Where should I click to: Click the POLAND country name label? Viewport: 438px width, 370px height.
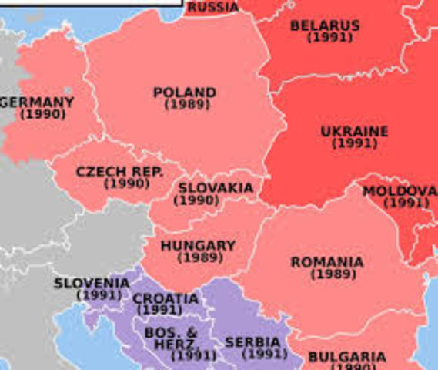tap(184, 92)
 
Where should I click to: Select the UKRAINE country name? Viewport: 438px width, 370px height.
tap(354, 132)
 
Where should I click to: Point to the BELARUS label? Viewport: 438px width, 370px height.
tap(324, 25)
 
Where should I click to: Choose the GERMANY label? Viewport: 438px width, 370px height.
tap(38, 103)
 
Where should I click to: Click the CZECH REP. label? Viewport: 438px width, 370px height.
tap(119, 172)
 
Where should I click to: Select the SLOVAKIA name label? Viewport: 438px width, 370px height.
tap(216, 188)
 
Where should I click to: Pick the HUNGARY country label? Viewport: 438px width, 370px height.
tap(198, 246)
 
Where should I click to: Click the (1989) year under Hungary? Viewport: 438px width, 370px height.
tap(200, 257)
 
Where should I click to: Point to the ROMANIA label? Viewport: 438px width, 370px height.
tap(327, 263)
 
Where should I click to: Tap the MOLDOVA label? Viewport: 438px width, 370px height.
tap(400, 191)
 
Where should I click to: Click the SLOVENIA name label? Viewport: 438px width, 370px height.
tap(92, 284)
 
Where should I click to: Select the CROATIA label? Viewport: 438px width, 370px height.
tap(165, 299)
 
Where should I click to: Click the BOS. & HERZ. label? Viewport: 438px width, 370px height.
tap(171, 338)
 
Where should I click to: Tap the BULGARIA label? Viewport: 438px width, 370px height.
tap(346, 357)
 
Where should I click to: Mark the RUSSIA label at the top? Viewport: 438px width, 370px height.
tap(212, 7)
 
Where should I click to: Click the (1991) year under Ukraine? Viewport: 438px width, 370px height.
tap(354, 143)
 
